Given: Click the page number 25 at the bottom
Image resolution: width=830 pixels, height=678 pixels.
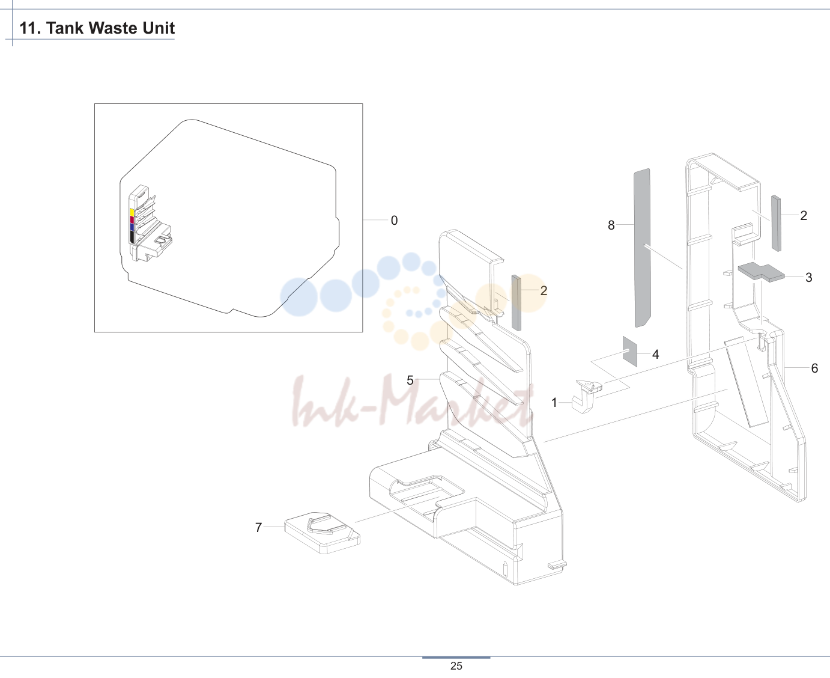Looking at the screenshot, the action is click(x=456, y=666).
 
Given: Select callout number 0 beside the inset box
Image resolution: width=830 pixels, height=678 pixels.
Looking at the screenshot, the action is click(x=394, y=220).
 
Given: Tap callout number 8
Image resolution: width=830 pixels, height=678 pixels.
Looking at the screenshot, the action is click(x=611, y=225).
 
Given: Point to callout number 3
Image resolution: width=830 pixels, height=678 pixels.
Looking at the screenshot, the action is click(x=809, y=277).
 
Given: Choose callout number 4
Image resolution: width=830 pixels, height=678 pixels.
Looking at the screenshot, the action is click(x=655, y=354).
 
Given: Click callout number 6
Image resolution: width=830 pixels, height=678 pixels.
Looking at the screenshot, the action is click(x=814, y=368).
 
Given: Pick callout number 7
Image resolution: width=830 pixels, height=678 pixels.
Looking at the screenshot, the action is click(x=259, y=527).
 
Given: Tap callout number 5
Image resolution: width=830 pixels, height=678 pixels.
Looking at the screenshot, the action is click(x=410, y=380).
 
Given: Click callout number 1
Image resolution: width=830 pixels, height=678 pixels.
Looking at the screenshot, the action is click(x=554, y=403).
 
